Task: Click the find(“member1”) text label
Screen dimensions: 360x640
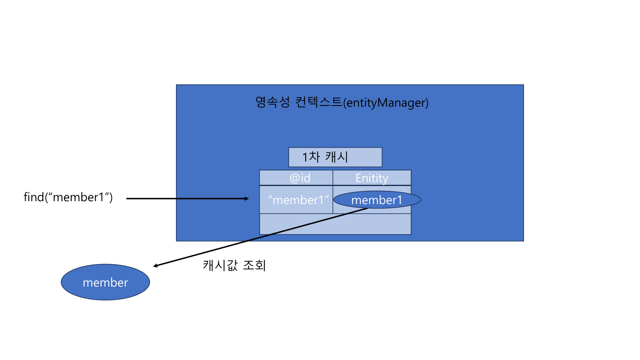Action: pos(68,197)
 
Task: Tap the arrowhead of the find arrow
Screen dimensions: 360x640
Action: pos(247,198)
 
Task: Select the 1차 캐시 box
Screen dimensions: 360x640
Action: pos(335,157)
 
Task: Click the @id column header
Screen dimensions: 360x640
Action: pos(300,178)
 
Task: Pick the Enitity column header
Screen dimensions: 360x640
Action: pos(372,178)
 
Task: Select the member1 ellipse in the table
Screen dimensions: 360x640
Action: pos(377,200)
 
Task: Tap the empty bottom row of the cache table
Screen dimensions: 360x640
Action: pos(335,224)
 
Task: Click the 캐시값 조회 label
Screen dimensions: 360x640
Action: pos(234,265)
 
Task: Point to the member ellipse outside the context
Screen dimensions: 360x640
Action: pos(105,282)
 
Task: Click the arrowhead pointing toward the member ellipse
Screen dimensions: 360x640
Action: pos(156,266)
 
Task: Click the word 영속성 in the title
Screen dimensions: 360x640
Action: pos(272,102)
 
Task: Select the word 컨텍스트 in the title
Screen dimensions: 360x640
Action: pos(319,102)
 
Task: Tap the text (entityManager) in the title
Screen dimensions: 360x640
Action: pos(386,103)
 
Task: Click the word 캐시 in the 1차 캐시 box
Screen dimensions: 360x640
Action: pos(336,157)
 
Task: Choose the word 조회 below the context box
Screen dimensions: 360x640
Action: pos(254,265)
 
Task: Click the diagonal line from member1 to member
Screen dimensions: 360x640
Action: pos(260,237)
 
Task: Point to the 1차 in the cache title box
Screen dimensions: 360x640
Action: pos(311,157)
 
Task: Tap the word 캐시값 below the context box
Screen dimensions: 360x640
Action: pos(220,265)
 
